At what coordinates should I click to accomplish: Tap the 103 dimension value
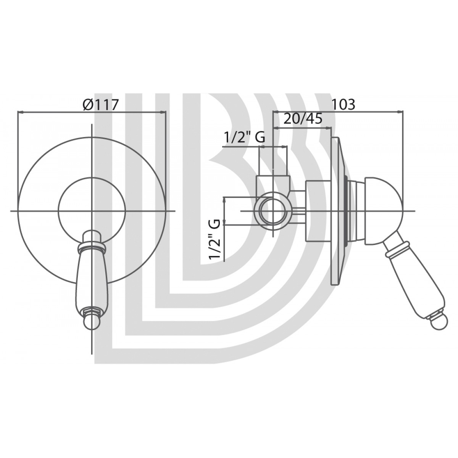point(343,104)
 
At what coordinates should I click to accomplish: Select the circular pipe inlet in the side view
point(274,211)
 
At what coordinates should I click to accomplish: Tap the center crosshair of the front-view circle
point(92,211)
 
